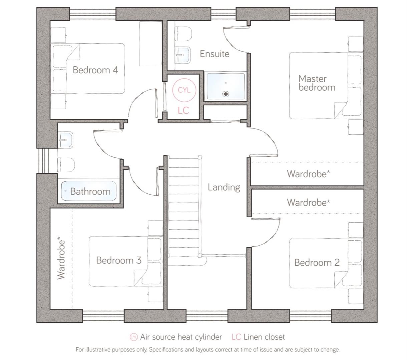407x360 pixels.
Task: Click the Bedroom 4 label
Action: tap(95, 70)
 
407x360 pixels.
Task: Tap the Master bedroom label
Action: tap(317, 83)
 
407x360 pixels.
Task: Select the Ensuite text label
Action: tap(215, 54)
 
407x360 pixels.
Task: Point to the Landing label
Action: tap(224, 187)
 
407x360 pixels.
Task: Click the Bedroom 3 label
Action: tap(119, 260)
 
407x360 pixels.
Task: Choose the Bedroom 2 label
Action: tap(317, 262)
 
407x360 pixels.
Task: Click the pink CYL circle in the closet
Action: tap(184, 90)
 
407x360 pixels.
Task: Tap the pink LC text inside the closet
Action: tap(183, 110)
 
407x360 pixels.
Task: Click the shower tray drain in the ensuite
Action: tap(226, 94)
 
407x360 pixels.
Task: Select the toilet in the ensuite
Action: tap(184, 33)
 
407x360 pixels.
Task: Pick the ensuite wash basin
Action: tap(183, 55)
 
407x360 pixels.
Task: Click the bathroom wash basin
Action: tap(66, 140)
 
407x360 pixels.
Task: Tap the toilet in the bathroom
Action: tap(66, 165)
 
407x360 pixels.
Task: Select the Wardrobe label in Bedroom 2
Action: tap(308, 202)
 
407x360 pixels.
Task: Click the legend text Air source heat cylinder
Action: tap(181, 337)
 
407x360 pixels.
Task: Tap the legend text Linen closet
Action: tap(264, 337)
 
